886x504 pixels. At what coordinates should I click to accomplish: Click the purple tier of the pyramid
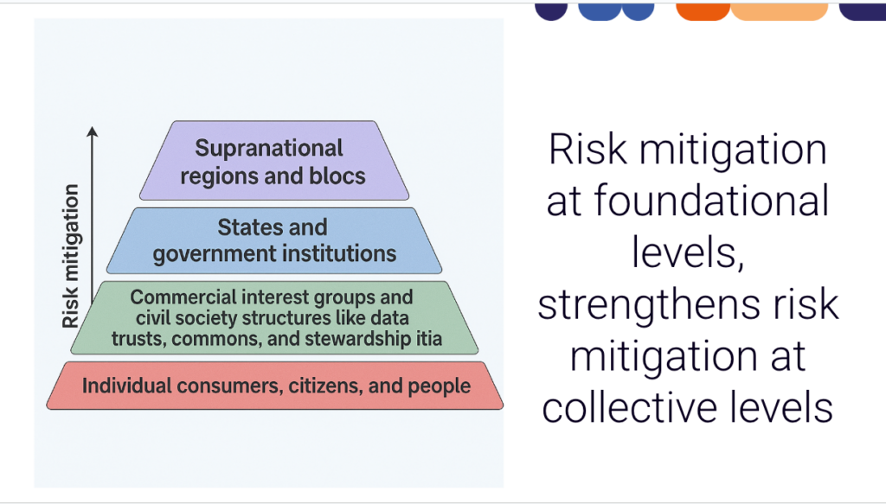pos(274,160)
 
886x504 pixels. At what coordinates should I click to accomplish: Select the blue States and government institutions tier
pos(274,241)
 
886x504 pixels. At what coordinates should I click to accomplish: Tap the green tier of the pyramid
pos(274,318)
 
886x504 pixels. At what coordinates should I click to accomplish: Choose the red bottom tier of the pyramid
pos(274,386)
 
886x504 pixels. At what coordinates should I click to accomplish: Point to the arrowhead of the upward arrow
pos(92,131)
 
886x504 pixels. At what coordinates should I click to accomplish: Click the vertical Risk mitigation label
pos(71,256)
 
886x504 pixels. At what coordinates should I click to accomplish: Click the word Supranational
pos(269,149)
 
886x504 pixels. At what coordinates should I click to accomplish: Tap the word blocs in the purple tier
pos(337,176)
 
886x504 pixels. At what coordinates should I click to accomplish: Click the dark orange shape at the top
pos(703,10)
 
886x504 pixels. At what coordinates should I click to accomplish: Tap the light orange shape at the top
pos(780,10)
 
